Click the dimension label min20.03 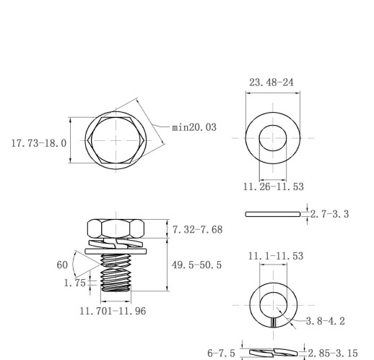[194, 127]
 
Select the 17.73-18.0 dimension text [39, 143]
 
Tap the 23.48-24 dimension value [271, 82]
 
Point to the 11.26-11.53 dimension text [274, 187]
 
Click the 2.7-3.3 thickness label [329, 214]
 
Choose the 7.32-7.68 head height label [198, 229]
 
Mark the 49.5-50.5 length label [196, 265]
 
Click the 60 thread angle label [62, 265]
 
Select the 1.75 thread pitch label [75, 283]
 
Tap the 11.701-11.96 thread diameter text [113, 311]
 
